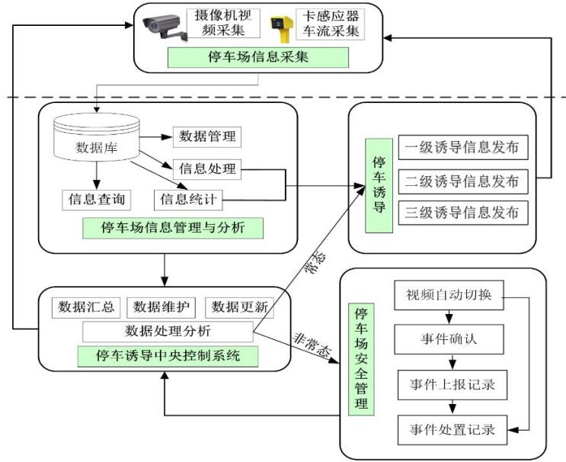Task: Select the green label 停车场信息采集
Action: pos(259,58)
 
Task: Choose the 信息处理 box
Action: pos(207,168)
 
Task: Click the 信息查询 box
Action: pos(96,200)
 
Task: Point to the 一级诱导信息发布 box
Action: pos(462,148)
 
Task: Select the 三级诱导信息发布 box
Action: pos(462,212)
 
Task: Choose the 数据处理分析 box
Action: pos(167,331)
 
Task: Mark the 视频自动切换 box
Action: pos(449,296)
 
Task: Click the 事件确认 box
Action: pos(449,337)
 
